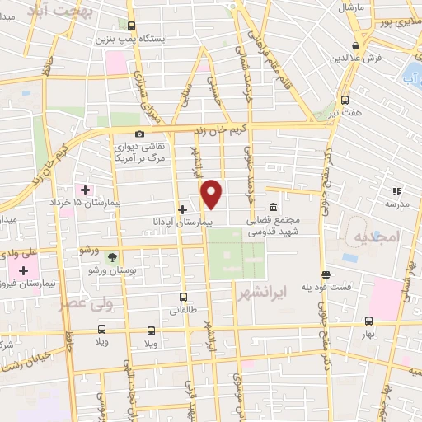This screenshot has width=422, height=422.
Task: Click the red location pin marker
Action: [x=213, y=194]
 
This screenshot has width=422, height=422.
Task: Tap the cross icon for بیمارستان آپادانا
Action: [x=182, y=209]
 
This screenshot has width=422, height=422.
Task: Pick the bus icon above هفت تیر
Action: [x=345, y=98]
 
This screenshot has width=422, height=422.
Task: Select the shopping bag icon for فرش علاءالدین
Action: [x=355, y=45]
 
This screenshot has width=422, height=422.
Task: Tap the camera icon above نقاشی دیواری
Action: [x=139, y=134]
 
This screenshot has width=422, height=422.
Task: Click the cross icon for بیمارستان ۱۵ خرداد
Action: [x=86, y=190]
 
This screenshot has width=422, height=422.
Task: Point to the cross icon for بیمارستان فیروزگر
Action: [x=23, y=270]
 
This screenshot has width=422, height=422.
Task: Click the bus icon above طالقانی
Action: [x=183, y=298]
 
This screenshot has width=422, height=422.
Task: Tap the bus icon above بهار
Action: [x=368, y=321]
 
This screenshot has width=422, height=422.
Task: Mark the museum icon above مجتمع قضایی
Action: [x=273, y=207]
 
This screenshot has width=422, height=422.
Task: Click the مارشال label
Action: [x=350, y=7]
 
